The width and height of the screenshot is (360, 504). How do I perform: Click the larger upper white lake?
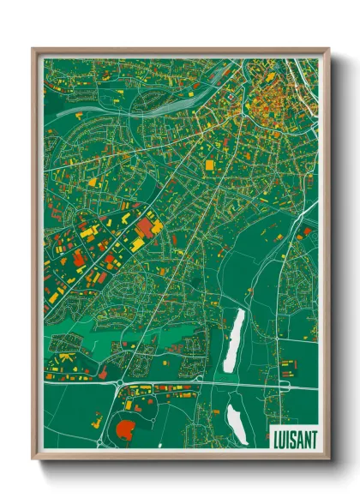[233, 340]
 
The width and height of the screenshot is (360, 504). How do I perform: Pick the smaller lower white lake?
[237, 423]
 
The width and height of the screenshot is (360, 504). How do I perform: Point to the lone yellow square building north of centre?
[209, 163]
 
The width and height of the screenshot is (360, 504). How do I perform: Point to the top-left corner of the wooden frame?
[33, 49]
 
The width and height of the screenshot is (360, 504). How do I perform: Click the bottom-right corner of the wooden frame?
[329, 459]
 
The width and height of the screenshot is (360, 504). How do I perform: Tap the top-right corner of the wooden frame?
[329, 49]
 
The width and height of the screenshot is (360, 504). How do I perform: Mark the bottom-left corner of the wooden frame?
[33, 459]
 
